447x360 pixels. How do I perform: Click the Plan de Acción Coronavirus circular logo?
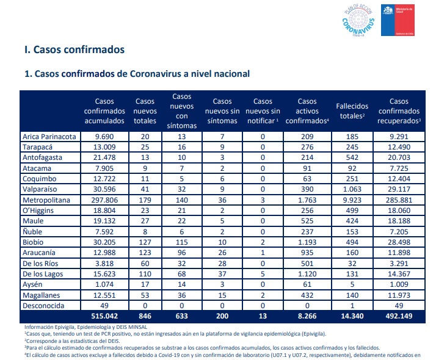(358, 20)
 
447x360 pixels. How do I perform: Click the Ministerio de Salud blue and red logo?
(398, 20)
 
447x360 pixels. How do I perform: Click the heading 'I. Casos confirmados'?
(74, 49)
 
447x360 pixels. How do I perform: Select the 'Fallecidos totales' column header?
(352, 111)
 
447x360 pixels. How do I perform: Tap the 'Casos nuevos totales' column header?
(145, 111)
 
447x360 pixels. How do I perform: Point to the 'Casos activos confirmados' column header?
(307, 111)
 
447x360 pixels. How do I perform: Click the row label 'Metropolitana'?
(46, 200)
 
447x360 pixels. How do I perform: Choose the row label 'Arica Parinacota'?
(49, 137)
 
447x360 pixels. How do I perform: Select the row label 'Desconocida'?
(43, 306)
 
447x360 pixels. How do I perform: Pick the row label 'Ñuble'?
(32, 231)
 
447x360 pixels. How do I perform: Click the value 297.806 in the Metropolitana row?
(104, 200)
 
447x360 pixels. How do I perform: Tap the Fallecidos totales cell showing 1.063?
(352, 189)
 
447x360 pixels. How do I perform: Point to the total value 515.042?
(104, 316)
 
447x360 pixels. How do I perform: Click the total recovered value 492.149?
(399, 316)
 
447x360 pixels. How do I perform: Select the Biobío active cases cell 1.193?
(307, 242)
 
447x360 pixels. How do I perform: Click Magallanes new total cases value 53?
(145, 295)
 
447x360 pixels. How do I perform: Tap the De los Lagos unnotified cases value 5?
(263, 274)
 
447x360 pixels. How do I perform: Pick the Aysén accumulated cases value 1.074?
(104, 284)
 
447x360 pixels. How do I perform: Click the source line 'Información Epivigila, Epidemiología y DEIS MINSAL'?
(86, 327)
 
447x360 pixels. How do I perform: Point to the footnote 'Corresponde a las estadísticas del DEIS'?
(73, 341)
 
